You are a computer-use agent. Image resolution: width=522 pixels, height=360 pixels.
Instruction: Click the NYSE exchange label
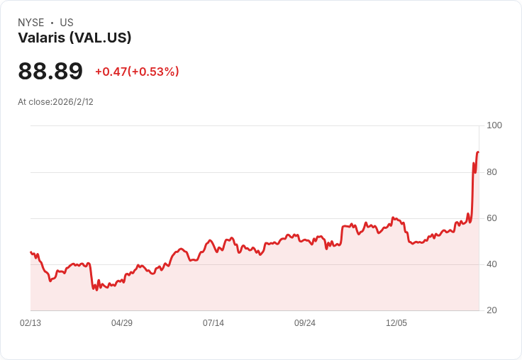pyautogui.click(x=31, y=23)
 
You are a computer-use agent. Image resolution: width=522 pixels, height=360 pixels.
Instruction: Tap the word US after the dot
pyautogui.click(x=67, y=23)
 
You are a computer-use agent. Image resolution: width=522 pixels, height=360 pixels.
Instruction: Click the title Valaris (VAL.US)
pyautogui.click(x=74, y=38)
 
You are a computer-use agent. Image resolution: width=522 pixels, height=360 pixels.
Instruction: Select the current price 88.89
pyautogui.click(x=50, y=71)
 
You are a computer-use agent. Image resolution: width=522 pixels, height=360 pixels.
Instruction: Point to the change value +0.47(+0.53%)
pyautogui.click(x=137, y=72)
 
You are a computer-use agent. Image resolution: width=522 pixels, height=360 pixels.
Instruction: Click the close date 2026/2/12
pyautogui.click(x=73, y=102)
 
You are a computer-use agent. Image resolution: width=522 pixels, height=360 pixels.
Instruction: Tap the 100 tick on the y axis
pyautogui.click(x=494, y=125)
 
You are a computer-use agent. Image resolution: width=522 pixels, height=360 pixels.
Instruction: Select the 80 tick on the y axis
pyautogui.click(x=492, y=172)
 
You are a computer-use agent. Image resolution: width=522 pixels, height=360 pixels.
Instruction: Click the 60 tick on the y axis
pyautogui.click(x=492, y=218)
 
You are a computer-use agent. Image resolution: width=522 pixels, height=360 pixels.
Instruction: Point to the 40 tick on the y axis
pyautogui.click(x=492, y=264)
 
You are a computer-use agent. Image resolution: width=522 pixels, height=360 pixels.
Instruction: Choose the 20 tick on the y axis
pyautogui.click(x=492, y=310)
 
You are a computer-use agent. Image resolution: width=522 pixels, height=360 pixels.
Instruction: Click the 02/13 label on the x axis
pyautogui.click(x=30, y=323)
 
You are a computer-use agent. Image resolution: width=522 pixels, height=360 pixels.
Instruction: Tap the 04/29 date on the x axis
pyautogui.click(x=122, y=323)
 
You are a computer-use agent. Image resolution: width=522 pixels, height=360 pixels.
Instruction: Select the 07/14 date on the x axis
pyautogui.click(x=213, y=323)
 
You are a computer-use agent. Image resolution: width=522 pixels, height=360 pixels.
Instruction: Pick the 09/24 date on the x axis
pyautogui.click(x=305, y=323)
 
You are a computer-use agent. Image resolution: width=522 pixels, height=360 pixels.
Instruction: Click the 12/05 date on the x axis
pyautogui.click(x=396, y=323)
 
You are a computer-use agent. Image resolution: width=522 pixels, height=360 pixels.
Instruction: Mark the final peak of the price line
pyautogui.click(x=478, y=152)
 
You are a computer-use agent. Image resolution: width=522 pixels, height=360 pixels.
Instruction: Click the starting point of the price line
pyautogui.click(x=30, y=252)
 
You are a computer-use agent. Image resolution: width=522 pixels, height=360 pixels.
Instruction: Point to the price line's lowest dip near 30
pyautogui.click(x=97, y=290)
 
